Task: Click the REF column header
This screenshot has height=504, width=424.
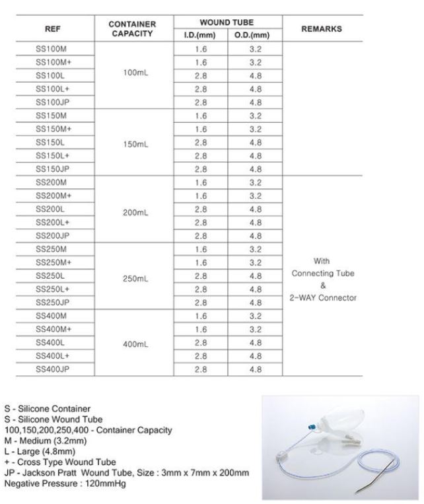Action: pos(52,29)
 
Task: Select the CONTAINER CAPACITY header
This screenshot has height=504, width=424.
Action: pos(132,29)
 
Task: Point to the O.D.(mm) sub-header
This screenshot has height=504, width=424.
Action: pos(255,35)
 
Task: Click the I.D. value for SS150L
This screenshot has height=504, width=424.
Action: pos(201,143)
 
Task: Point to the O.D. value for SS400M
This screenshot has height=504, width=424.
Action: pos(256,316)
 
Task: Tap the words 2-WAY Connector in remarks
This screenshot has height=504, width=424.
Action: pos(322,298)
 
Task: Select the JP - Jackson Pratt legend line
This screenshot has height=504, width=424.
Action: pos(126,472)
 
